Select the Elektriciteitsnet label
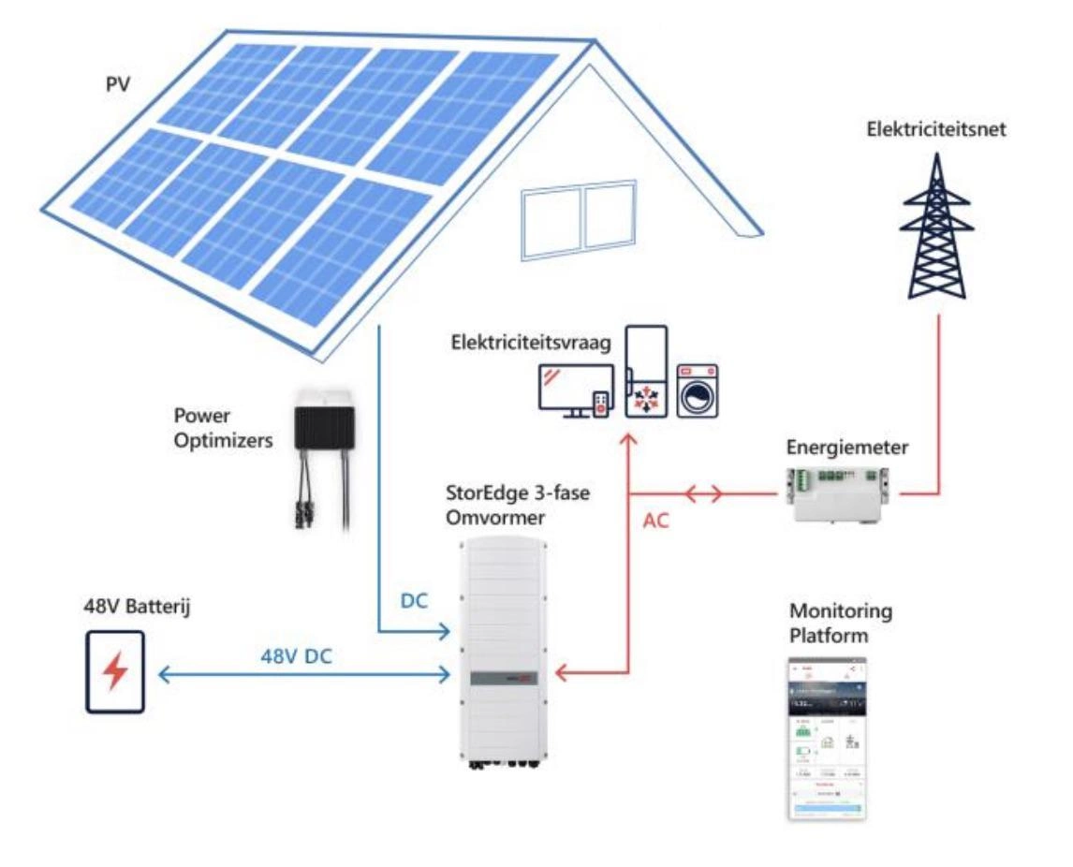pos(936,130)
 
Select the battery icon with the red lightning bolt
pos(114,672)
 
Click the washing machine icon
pos(697,389)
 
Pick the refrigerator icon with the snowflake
pos(645,371)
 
